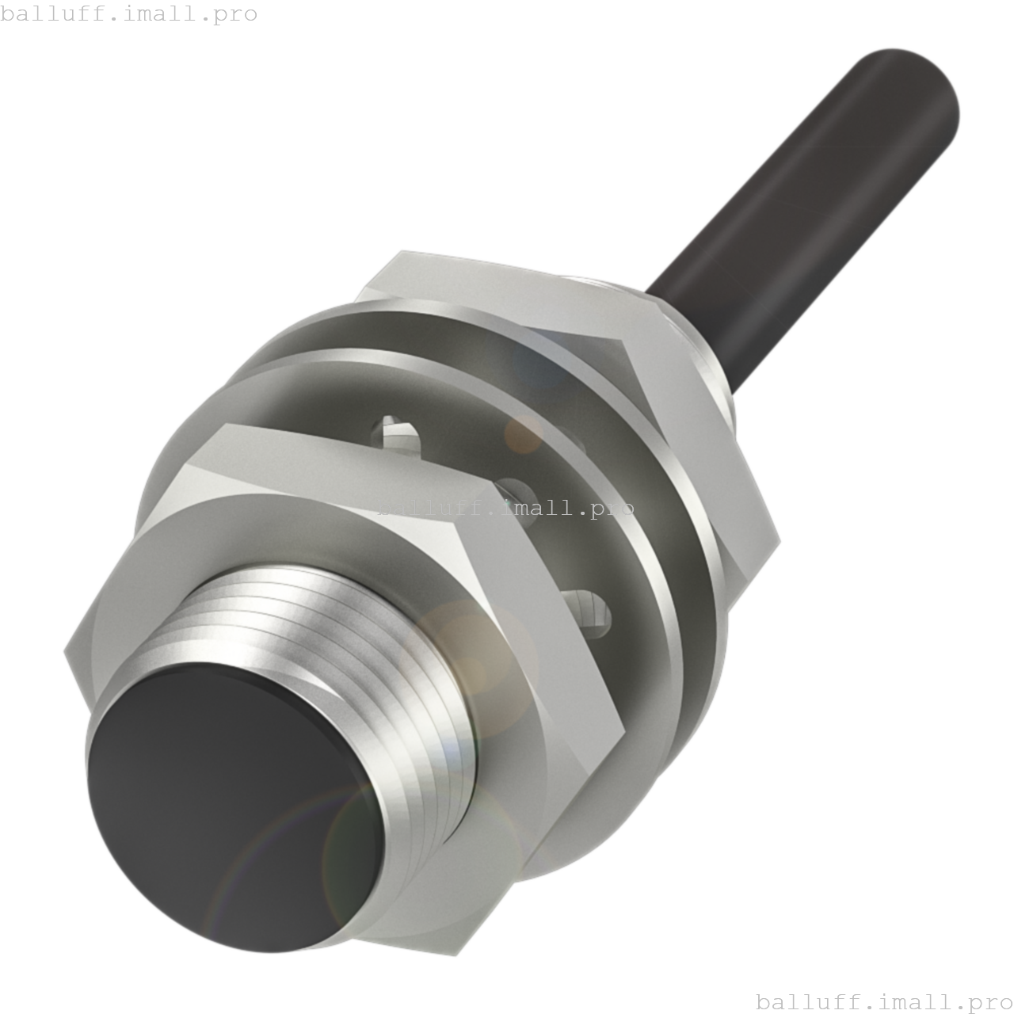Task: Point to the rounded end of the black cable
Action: click(919, 87)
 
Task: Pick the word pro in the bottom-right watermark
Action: click(991, 1003)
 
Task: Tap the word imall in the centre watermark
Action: click(539, 506)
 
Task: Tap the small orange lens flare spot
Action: click(523, 432)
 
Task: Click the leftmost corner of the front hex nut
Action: click(66, 651)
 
